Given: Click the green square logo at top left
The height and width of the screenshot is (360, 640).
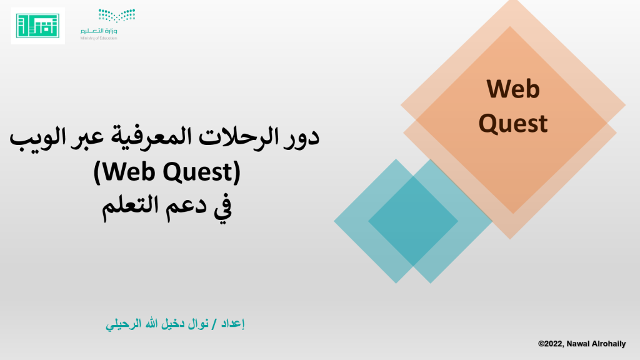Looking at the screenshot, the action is [x=37, y=26].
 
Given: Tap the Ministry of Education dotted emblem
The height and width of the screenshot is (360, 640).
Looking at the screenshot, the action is [x=117, y=16].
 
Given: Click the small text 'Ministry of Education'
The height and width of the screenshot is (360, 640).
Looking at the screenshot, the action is [x=99, y=38].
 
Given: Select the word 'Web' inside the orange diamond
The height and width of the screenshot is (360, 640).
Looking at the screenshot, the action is [x=513, y=89].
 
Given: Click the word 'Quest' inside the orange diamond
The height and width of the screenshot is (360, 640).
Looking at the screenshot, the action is [x=513, y=124].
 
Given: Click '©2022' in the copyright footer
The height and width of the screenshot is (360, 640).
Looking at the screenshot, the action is [x=551, y=344].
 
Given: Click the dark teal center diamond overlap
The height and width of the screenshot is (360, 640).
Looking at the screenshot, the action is [x=413, y=221].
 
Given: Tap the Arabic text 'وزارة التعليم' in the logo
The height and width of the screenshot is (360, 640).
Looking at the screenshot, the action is [x=99, y=31].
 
